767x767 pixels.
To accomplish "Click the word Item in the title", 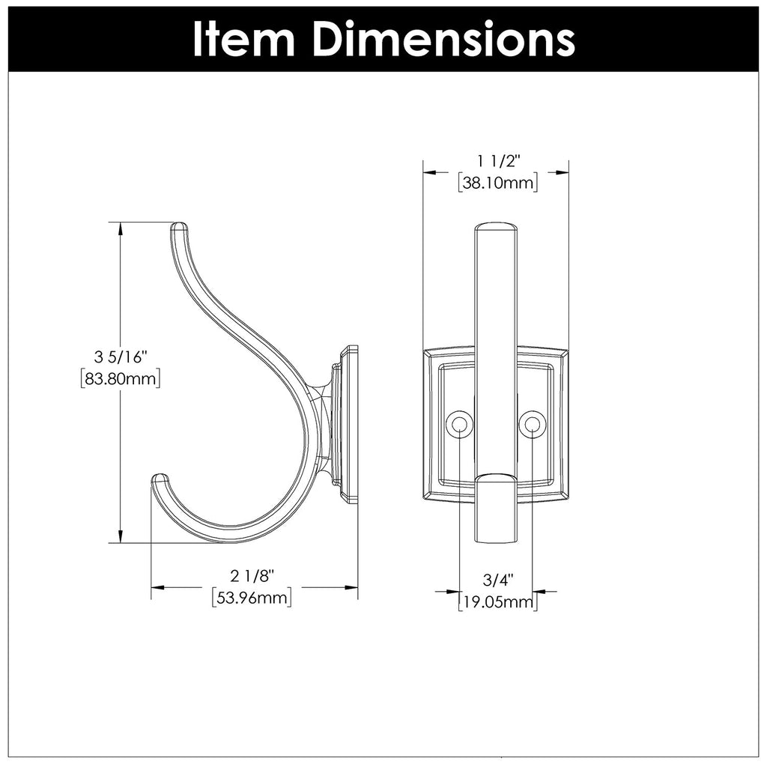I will click(242, 38).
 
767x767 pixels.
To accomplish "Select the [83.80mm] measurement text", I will click(121, 379).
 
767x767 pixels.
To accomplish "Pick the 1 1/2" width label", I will click(497, 160).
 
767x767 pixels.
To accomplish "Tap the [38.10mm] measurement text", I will click(497, 183).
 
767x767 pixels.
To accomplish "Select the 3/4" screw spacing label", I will click(497, 579).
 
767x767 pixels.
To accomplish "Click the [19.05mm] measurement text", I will click(497, 601).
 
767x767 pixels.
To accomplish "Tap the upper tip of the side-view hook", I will click(179, 226).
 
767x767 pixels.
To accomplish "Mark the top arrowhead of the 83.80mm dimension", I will click(121, 228).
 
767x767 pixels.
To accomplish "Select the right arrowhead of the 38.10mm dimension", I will click(563, 172).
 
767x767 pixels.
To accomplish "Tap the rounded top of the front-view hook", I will click(496, 226).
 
